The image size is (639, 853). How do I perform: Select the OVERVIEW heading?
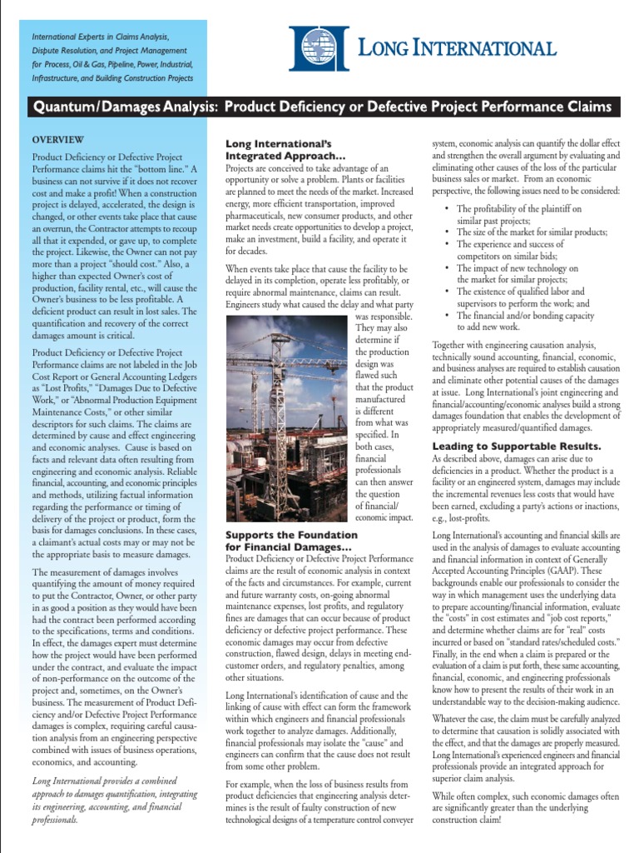[x=57, y=139]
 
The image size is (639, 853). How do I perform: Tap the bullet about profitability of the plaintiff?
[x=519, y=214]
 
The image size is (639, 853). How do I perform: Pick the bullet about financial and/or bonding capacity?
[x=525, y=322]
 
